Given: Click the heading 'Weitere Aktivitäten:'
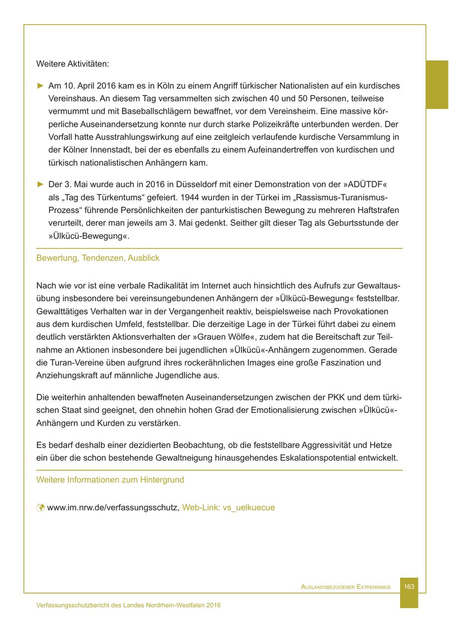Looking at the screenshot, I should pyautogui.click(x=72, y=64).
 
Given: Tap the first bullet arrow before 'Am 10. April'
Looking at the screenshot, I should pyautogui.click(x=41, y=86).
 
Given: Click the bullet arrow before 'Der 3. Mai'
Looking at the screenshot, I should pyautogui.click(x=41, y=184).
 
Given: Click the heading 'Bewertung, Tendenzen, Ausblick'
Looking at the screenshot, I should pyautogui.click(x=98, y=258).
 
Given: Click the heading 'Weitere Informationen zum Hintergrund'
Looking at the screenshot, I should pyautogui.click(x=110, y=480).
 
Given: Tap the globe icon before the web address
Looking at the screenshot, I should pyautogui.click(x=40, y=508).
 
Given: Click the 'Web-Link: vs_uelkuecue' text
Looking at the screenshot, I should pyautogui.click(x=228, y=508).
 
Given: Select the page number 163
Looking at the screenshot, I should pyautogui.click(x=409, y=587).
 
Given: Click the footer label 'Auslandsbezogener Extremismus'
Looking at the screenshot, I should pyautogui.click(x=346, y=587).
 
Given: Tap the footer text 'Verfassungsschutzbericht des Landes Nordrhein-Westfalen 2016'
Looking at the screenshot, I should pyautogui.click(x=128, y=605).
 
